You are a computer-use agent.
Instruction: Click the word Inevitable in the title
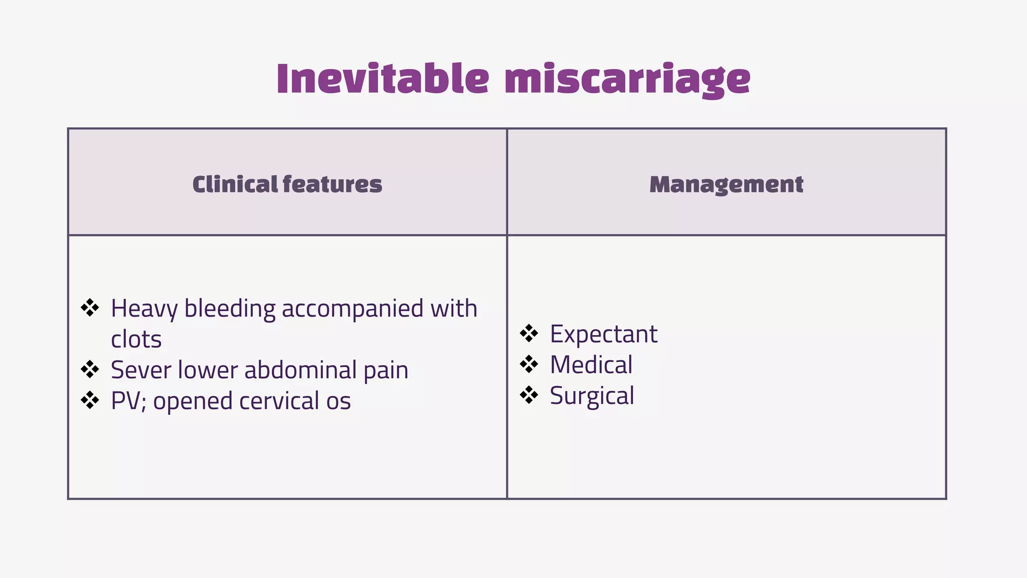[382, 79]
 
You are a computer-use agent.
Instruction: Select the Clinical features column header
[287, 184]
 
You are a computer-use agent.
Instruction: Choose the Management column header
[726, 185]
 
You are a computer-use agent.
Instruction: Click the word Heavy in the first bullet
[143, 309]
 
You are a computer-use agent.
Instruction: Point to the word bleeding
[230, 309]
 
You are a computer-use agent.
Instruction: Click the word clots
[136, 340]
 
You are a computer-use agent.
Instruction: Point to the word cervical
[279, 401]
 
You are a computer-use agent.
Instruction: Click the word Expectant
[603, 334]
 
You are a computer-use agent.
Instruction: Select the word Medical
[591, 365]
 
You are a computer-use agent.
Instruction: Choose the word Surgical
[592, 396]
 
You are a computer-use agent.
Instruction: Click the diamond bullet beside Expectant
[529, 333]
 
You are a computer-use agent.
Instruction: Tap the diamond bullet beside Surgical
[529, 395]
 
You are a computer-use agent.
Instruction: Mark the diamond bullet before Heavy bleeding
[90, 308]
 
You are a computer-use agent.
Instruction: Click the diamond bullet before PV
[90, 400]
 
